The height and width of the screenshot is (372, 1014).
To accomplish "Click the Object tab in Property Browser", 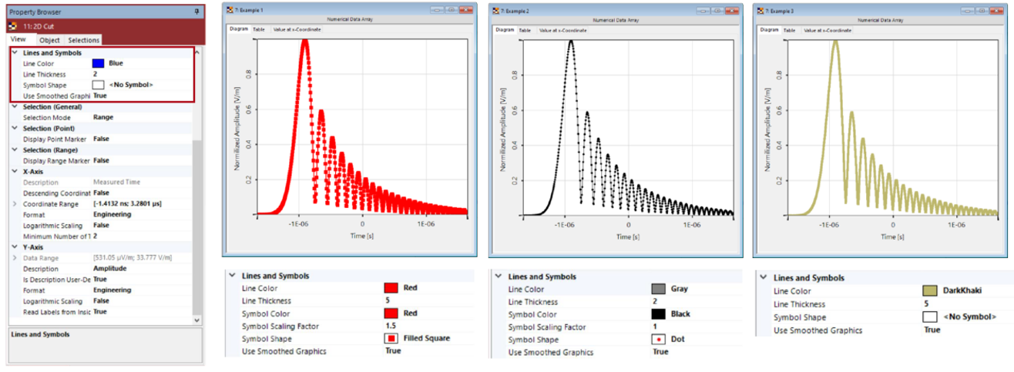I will click(x=49, y=40).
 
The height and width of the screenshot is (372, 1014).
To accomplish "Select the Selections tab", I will click(x=83, y=40).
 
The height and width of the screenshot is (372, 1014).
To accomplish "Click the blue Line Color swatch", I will click(x=99, y=63).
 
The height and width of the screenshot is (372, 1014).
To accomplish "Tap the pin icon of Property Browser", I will click(x=196, y=12).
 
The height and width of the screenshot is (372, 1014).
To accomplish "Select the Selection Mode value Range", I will click(x=103, y=117).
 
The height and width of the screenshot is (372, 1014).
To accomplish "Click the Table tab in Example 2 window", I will click(x=525, y=30).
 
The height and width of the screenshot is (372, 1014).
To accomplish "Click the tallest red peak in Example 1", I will click(x=304, y=42).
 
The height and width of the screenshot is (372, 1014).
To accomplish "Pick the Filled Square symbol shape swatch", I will click(x=391, y=339).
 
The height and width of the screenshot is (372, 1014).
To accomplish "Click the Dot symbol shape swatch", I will click(x=658, y=339).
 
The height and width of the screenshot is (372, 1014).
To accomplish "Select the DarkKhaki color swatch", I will click(x=928, y=291).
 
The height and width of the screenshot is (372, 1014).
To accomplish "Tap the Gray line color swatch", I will click(x=658, y=289).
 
